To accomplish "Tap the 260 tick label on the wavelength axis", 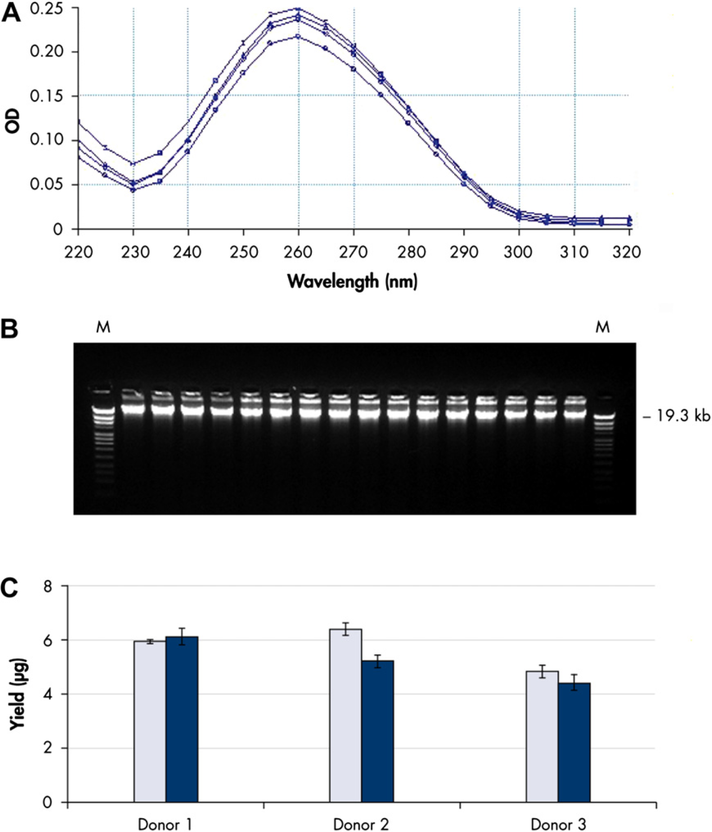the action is click(x=298, y=252).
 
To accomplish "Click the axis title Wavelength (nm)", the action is click(x=353, y=282).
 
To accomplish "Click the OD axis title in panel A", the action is click(x=12, y=121).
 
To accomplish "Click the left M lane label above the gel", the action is click(x=103, y=327).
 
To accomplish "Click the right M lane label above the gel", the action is click(x=602, y=327).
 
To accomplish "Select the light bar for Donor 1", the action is click(x=150, y=722).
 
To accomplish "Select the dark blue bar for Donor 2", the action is click(x=377, y=731).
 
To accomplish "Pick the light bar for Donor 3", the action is click(x=542, y=737).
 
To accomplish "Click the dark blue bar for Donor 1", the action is click(x=182, y=719).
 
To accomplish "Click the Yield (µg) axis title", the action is click(x=18, y=694).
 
